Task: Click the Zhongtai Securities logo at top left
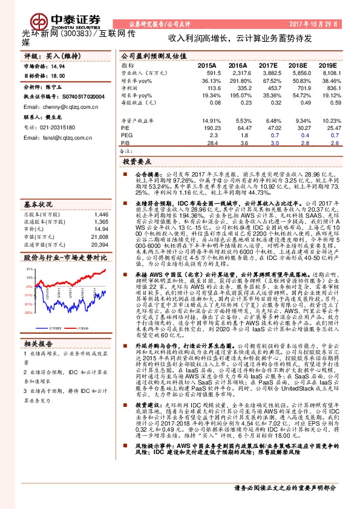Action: [51, 14]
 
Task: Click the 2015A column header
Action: [207, 65]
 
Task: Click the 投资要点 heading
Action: [136, 162]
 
